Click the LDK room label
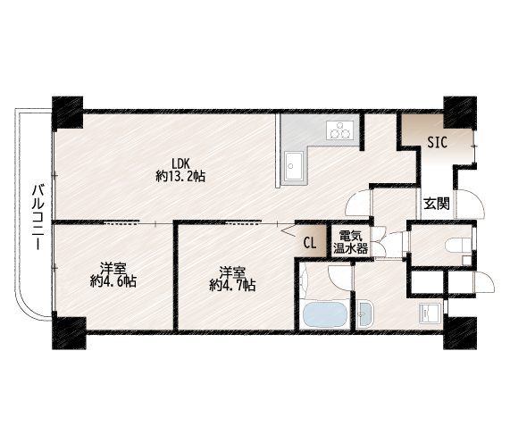tap(180, 163)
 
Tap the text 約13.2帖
tap(180, 176)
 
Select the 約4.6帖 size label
tap(113, 281)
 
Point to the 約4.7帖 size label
tap(232, 285)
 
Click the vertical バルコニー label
tap(38, 217)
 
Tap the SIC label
tap(438, 143)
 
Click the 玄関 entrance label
tap(437, 204)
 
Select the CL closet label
tap(310, 243)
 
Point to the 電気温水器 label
tap(351, 242)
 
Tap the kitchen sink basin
tap(294, 166)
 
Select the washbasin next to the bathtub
tap(365, 314)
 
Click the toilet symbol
tap(458, 245)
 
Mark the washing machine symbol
tap(431, 313)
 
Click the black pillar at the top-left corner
tap(68, 113)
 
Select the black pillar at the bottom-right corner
tap(460, 333)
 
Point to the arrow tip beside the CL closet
tap(280, 231)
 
